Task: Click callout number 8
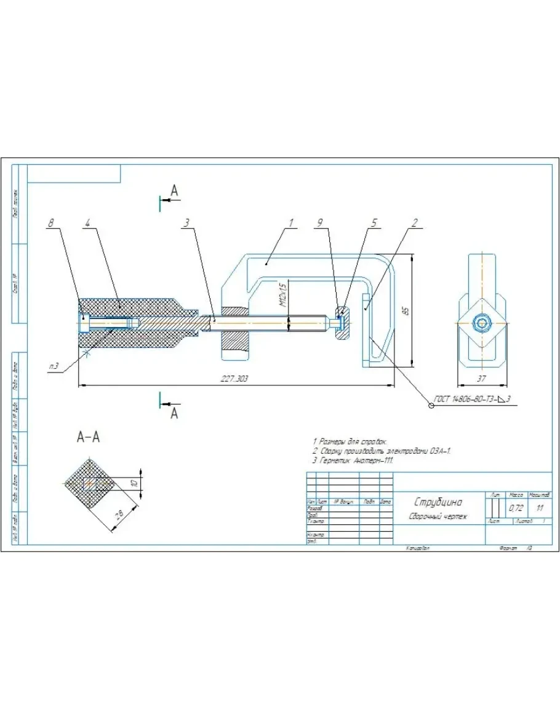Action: pyautogui.click(x=51, y=223)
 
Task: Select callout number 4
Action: pyautogui.click(x=88, y=223)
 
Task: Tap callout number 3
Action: pyautogui.click(x=185, y=223)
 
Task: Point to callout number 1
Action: pyautogui.click(x=291, y=223)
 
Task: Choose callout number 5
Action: pyautogui.click(x=374, y=223)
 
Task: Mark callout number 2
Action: pyautogui.click(x=414, y=223)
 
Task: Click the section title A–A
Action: pyautogui.click(x=88, y=437)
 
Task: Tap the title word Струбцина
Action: pyautogui.click(x=438, y=502)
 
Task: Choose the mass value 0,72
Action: pyautogui.click(x=515, y=509)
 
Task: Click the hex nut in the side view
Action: pyautogui.click(x=482, y=322)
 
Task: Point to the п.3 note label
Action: pyautogui.click(x=54, y=366)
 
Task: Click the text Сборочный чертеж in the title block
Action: pyautogui.click(x=438, y=517)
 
